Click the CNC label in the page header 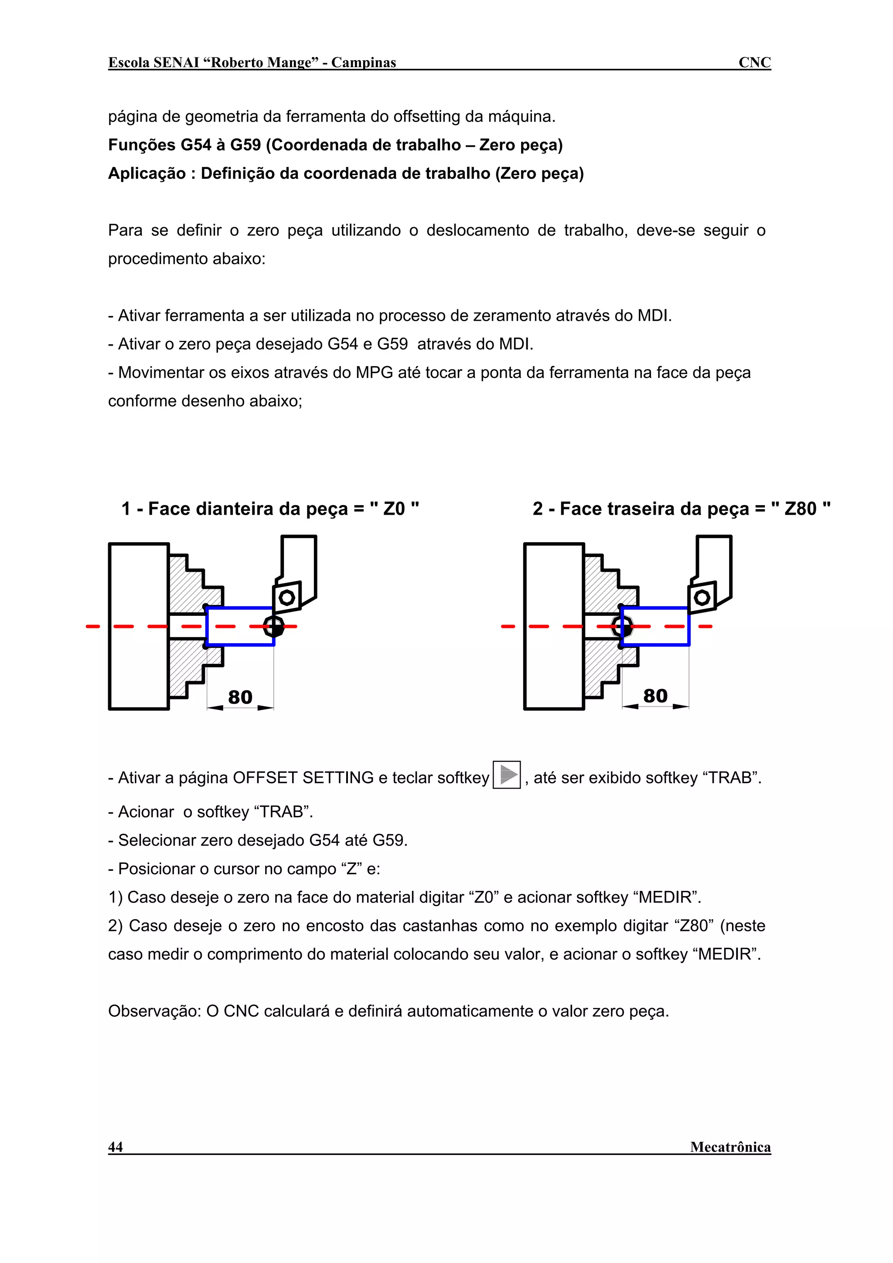tap(754, 62)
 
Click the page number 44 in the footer tap(116, 1147)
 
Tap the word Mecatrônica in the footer tap(730, 1147)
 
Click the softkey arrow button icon tap(506, 774)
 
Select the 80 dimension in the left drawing tap(240, 697)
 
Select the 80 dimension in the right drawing tap(655, 696)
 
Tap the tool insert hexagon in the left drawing tap(286, 598)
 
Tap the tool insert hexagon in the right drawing tap(702, 598)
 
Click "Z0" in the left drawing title tap(394, 509)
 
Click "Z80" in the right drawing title tap(800, 509)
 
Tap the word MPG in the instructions tap(374, 373)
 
